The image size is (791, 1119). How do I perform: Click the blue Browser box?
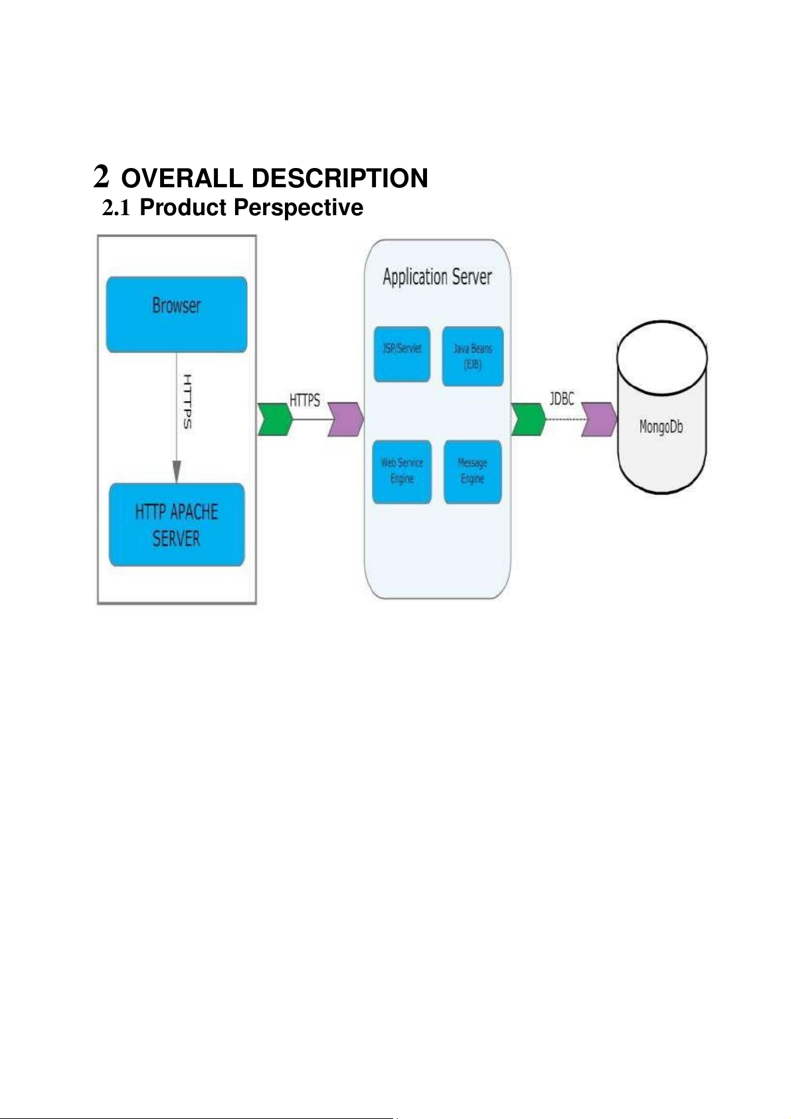click(177, 314)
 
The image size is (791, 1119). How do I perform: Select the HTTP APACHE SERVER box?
click(177, 525)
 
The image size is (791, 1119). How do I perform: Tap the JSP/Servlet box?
click(402, 354)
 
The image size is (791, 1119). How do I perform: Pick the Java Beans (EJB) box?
click(473, 356)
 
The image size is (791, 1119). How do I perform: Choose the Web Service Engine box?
click(402, 472)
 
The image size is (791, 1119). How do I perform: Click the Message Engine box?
click(472, 472)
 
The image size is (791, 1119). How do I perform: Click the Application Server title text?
click(437, 277)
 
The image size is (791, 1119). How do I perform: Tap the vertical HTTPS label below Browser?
click(188, 401)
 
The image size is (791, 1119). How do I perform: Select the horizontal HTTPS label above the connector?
click(305, 400)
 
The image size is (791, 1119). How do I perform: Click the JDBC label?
click(562, 398)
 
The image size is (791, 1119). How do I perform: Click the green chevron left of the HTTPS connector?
click(275, 419)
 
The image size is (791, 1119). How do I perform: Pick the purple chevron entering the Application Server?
click(346, 419)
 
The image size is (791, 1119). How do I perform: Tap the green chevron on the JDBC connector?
click(529, 419)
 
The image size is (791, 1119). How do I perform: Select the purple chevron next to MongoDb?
click(599, 419)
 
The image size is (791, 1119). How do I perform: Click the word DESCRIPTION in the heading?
click(340, 178)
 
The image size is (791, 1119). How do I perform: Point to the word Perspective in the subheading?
click(298, 207)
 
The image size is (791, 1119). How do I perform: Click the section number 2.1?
click(116, 208)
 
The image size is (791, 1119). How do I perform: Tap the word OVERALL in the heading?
click(182, 178)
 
